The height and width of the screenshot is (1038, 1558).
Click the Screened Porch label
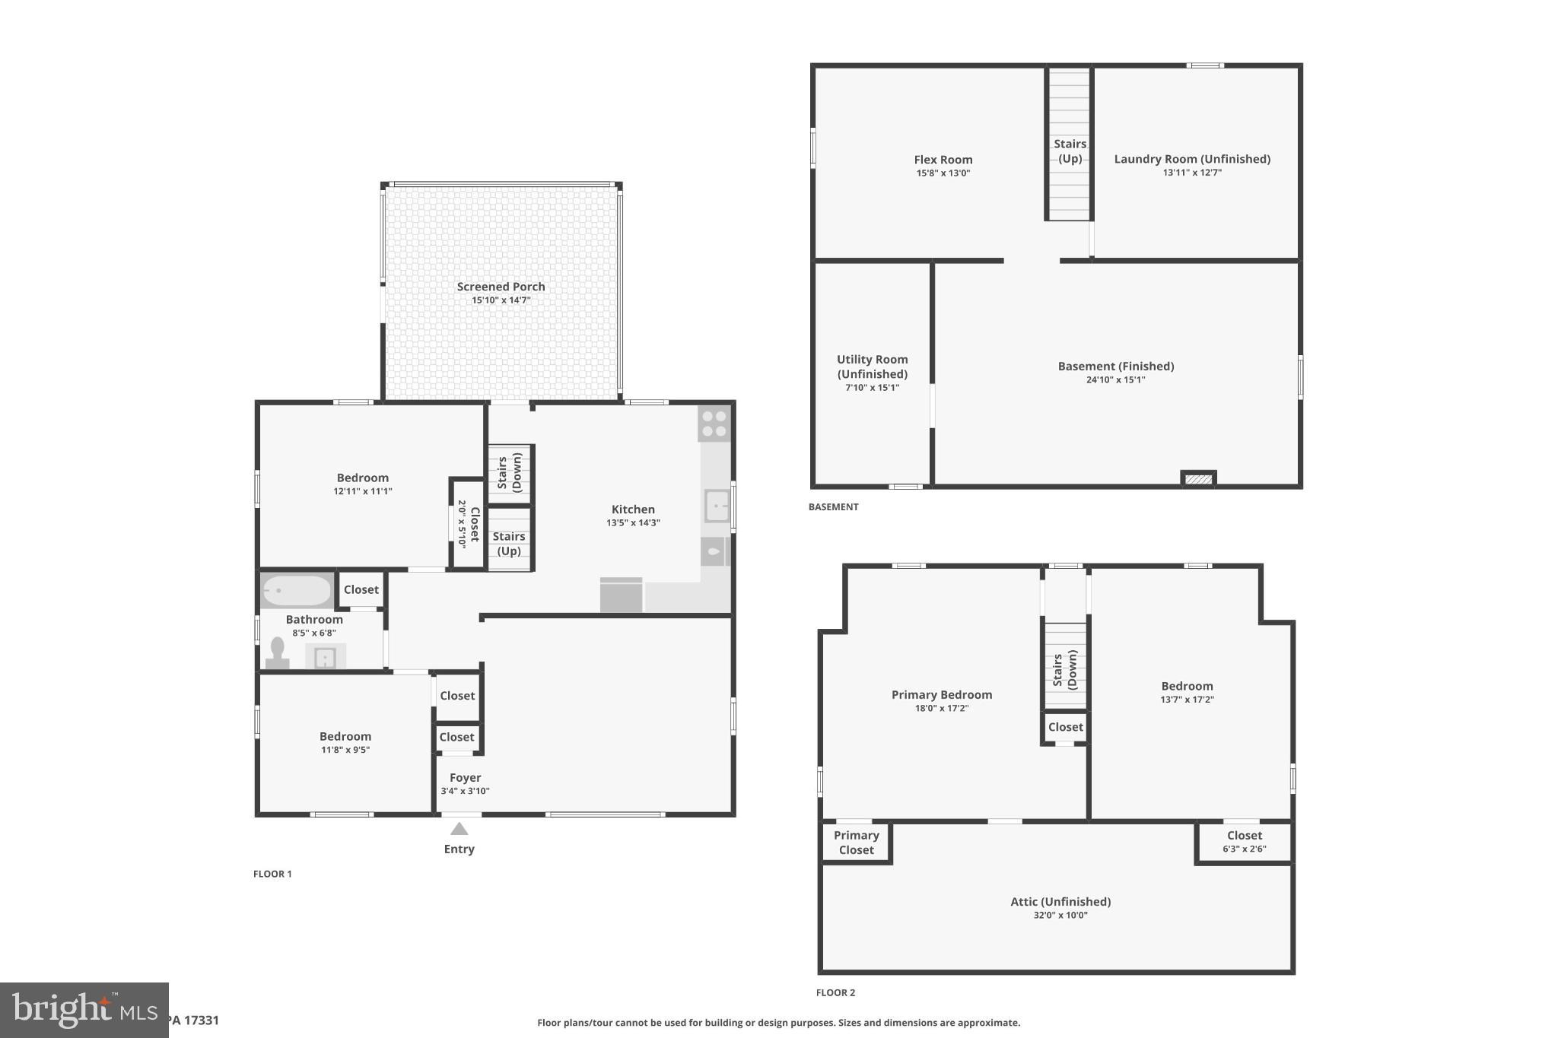point(501,287)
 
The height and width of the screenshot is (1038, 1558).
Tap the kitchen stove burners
point(714,424)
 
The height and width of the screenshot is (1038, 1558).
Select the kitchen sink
point(717,506)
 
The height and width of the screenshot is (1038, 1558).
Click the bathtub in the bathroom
point(297,591)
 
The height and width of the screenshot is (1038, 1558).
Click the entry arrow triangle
point(459,829)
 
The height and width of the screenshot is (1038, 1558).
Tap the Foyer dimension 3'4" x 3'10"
point(465,791)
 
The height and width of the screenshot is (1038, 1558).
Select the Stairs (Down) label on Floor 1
point(509,472)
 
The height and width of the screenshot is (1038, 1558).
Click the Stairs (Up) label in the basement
point(1070,151)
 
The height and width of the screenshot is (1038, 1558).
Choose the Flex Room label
point(943,160)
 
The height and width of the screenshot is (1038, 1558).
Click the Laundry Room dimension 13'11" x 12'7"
point(1192,173)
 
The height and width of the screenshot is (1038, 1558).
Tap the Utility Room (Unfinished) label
point(872,367)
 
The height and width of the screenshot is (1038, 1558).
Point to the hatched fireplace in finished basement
point(1198,479)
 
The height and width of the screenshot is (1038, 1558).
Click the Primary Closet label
point(856,843)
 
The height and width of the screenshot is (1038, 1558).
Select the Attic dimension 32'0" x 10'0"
point(1060,916)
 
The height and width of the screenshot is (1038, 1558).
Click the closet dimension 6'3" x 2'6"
point(1244,849)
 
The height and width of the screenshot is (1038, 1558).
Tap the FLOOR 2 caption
point(835,992)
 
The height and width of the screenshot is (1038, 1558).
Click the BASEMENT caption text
point(833,506)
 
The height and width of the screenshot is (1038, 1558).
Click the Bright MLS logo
point(84,1010)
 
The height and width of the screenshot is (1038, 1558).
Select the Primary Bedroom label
point(941,694)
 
